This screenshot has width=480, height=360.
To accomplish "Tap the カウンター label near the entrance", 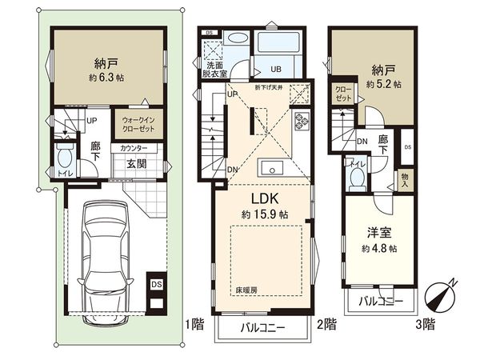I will (x=134, y=149).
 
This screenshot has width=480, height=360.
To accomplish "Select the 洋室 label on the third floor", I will (x=377, y=233).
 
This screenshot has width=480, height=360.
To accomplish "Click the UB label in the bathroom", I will (x=274, y=69).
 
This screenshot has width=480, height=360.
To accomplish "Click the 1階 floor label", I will (x=193, y=324).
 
